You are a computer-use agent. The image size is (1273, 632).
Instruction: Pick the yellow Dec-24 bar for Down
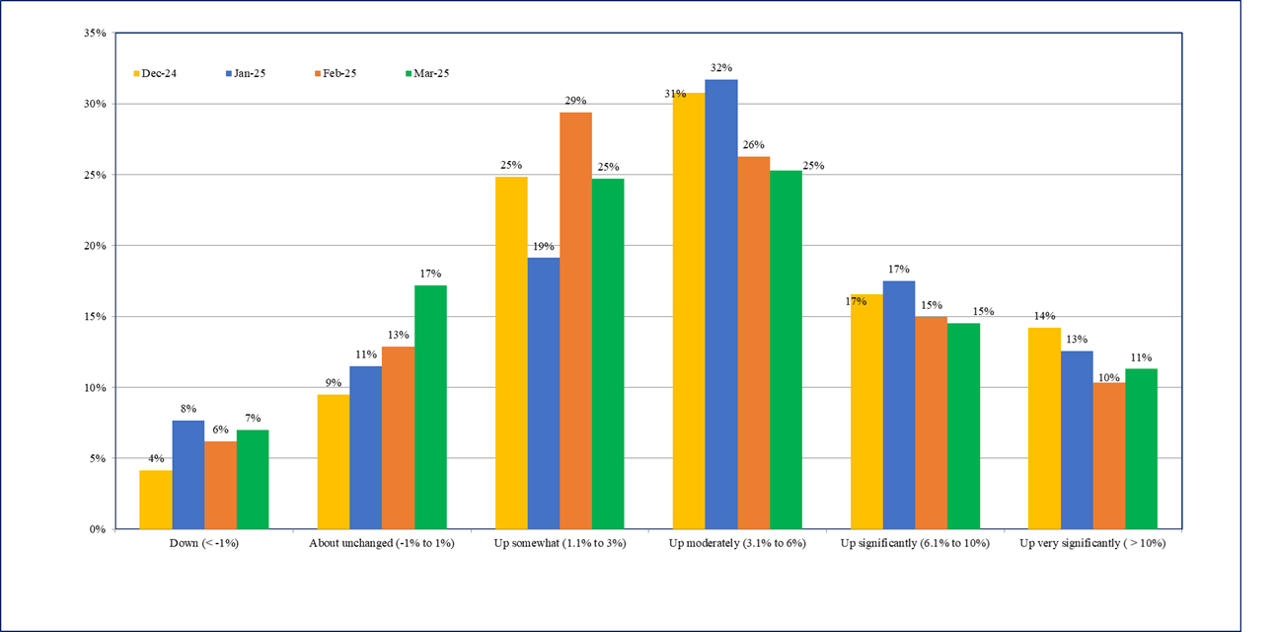(155, 500)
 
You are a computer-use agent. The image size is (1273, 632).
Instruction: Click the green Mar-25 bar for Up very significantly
(1141, 448)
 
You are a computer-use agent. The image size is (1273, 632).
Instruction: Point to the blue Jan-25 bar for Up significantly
(899, 405)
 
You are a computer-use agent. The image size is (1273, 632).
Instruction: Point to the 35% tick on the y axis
(95, 33)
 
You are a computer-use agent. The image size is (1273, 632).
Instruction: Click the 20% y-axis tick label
(95, 246)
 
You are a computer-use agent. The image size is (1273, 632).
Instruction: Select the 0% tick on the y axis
(98, 529)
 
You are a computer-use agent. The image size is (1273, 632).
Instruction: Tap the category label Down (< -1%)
(204, 544)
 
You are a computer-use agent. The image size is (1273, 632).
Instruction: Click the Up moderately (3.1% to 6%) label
(737, 544)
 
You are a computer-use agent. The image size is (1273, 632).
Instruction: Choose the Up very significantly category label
(1092, 544)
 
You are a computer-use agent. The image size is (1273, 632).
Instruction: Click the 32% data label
(721, 68)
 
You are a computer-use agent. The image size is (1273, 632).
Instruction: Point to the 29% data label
(575, 101)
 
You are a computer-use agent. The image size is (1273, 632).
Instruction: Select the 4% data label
(155, 459)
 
